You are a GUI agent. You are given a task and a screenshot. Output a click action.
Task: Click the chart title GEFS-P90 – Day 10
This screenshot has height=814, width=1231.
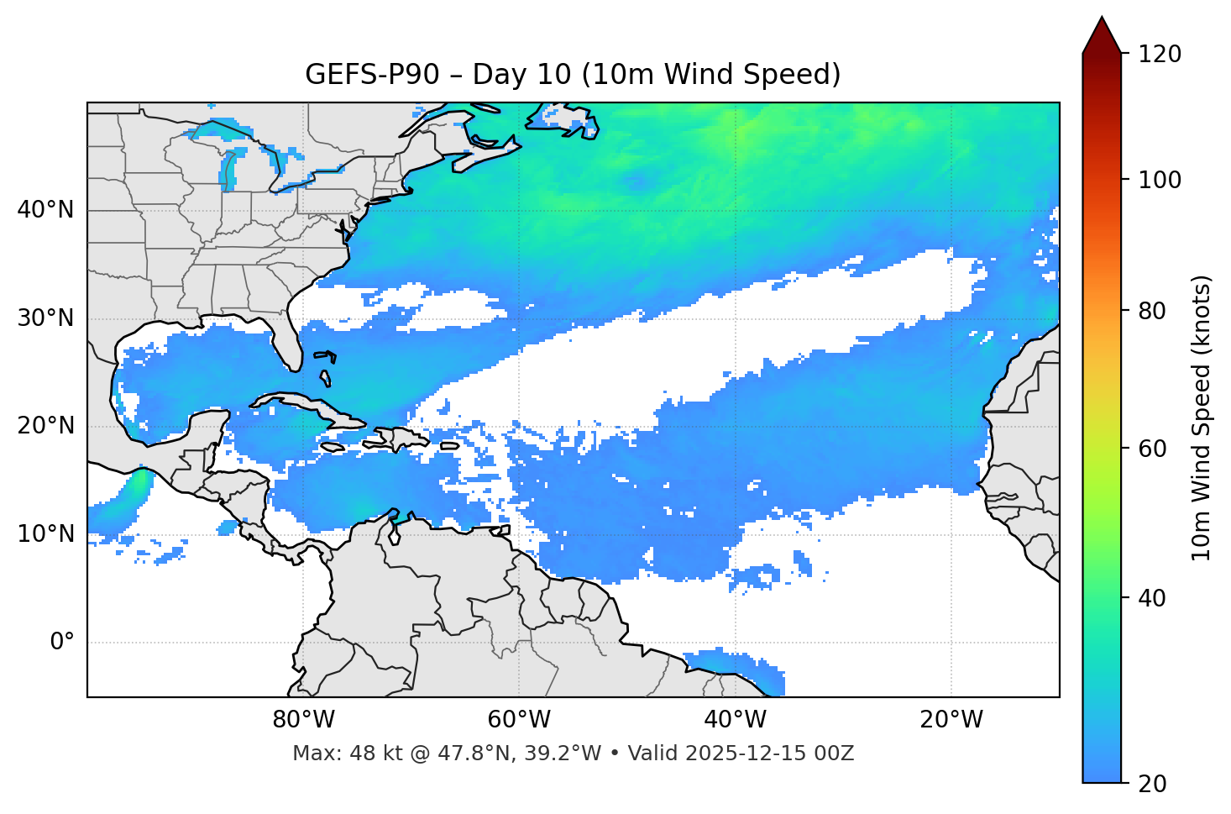573,75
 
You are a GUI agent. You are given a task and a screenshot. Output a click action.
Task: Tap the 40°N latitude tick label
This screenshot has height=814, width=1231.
45,210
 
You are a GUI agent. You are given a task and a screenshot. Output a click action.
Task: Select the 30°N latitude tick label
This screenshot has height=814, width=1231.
45,318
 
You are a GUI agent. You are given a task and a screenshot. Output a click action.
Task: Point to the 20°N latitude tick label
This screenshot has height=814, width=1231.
45,426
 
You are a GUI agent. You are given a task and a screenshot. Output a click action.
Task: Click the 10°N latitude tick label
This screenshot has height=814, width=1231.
45,534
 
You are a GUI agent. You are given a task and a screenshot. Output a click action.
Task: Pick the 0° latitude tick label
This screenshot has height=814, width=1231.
62,643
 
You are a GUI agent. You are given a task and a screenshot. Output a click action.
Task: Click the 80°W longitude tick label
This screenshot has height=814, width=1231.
303,720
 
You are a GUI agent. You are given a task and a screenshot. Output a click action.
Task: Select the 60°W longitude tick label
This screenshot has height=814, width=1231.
519,720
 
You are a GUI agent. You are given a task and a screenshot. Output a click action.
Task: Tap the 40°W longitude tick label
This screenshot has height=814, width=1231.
735,720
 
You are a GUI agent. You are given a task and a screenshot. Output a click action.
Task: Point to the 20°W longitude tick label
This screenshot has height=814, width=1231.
951,720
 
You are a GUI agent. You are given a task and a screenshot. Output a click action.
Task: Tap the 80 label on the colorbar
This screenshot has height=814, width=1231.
1157,311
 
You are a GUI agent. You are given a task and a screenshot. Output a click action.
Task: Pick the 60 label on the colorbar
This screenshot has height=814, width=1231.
1157,449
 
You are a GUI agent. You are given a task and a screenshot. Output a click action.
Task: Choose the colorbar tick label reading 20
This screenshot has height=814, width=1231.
1157,783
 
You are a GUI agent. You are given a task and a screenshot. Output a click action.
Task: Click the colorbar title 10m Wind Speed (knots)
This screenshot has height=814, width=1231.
1202,418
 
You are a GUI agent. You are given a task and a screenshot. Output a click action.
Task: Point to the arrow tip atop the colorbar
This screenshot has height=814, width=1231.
1102,18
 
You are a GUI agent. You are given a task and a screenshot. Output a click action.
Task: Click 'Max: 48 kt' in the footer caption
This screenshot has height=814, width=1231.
332,754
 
